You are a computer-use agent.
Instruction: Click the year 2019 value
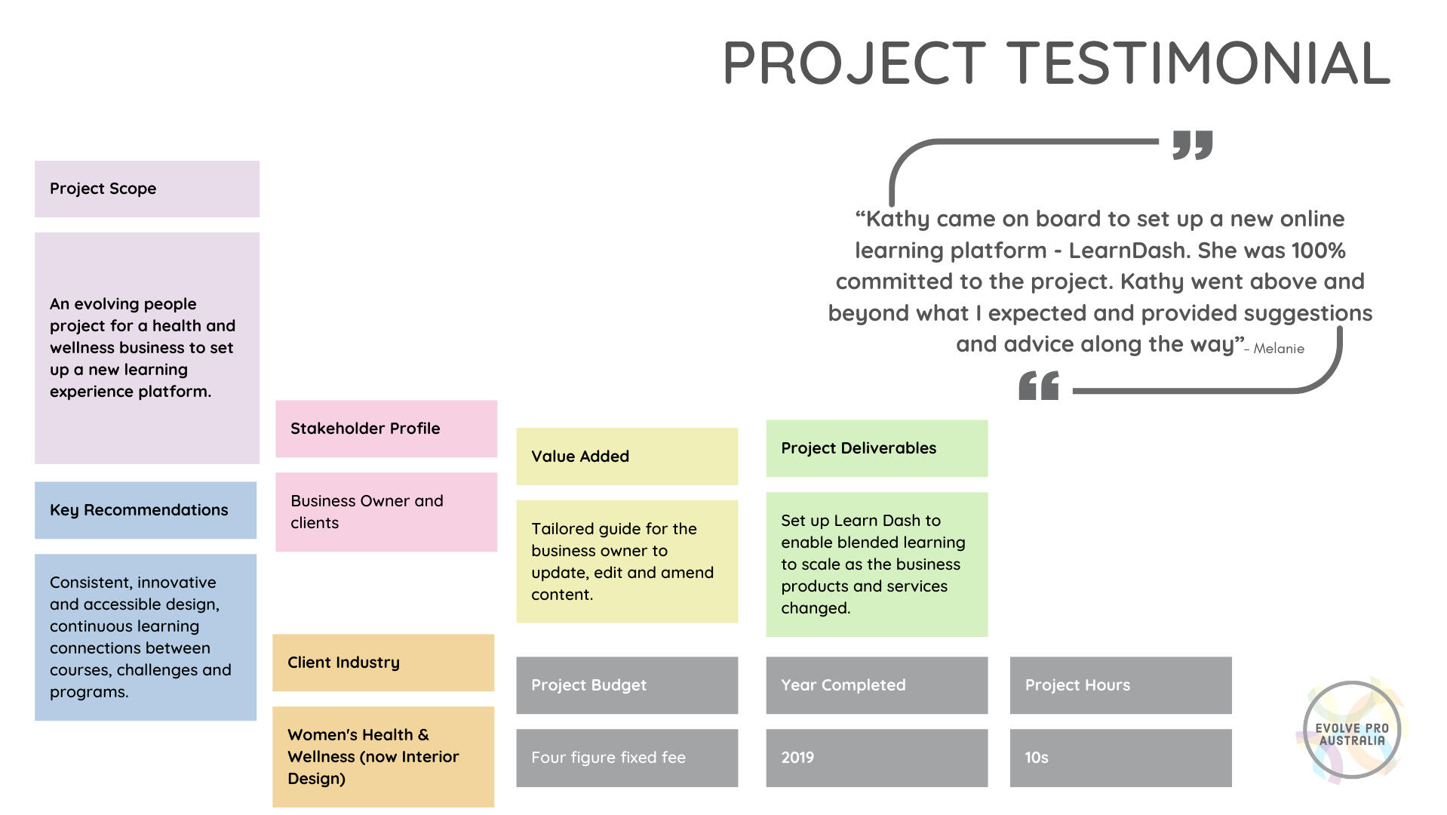click(797, 758)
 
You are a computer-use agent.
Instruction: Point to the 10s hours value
click(1037, 758)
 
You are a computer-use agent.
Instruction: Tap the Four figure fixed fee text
click(608, 758)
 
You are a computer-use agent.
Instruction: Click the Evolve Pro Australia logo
click(1351, 730)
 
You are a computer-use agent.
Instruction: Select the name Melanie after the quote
click(1279, 349)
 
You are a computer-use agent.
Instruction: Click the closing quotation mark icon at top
click(1193, 145)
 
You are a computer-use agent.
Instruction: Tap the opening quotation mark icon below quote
click(1039, 386)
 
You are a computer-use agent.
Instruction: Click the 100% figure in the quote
click(1318, 251)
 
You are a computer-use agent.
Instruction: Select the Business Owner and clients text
click(367, 512)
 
